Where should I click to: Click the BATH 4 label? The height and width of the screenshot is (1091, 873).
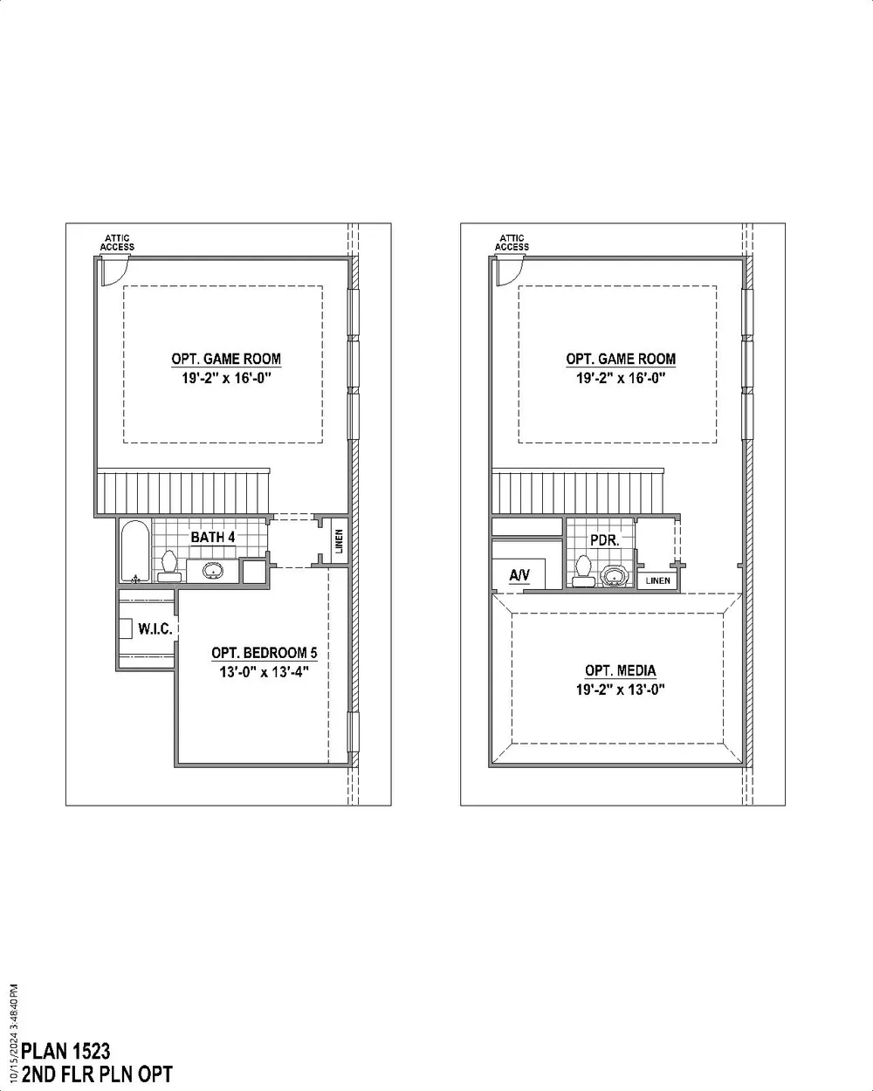(212, 537)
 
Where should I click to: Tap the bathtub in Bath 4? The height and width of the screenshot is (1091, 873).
(135, 551)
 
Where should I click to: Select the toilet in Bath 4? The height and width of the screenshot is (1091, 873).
(168, 566)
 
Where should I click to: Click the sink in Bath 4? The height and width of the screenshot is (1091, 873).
(212, 571)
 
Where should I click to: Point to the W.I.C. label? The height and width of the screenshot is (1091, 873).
(155, 629)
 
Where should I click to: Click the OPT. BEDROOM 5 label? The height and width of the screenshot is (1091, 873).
(265, 653)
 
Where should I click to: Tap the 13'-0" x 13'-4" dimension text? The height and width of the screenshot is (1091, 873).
(265, 672)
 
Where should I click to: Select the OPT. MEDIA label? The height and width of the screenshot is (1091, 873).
(621, 670)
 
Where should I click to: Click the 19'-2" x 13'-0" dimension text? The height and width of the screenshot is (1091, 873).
(621, 690)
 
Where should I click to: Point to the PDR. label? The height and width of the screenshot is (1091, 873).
(605, 540)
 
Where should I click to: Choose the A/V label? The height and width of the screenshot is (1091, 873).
(519, 575)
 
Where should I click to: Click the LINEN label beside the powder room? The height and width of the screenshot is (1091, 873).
(658, 580)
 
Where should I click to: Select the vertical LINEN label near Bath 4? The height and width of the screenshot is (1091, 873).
(340, 541)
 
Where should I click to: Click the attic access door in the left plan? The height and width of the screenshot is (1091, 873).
(114, 271)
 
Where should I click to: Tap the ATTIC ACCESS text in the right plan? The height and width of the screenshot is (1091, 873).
(512, 243)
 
